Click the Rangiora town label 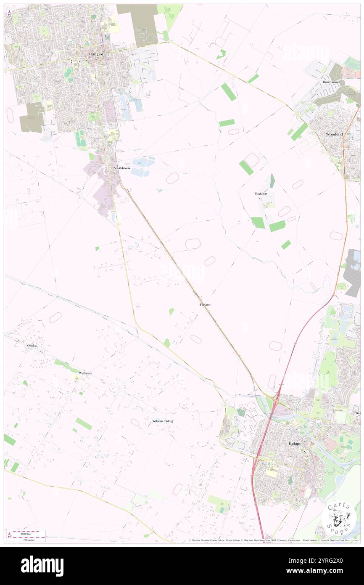point(96,54)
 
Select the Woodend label point(334,134)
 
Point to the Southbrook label point(122,168)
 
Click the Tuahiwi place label point(261,194)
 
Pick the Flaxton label point(205,304)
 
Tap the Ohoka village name point(32,346)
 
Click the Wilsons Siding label point(163,421)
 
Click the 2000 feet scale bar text point(26,533)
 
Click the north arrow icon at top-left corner point(9,12)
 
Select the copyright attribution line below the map point(273,540)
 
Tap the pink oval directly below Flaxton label point(196,338)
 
